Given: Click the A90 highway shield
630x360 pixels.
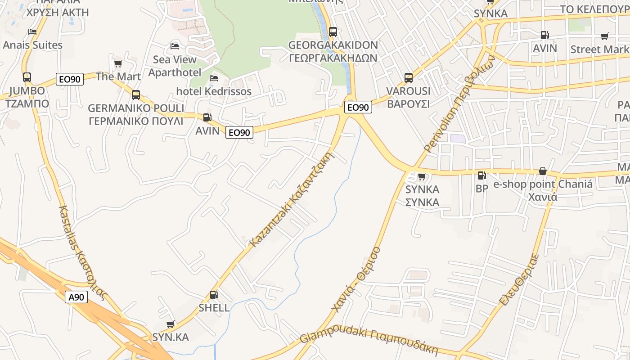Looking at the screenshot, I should [76, 297].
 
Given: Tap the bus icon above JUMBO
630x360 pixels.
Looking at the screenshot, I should [27, 77].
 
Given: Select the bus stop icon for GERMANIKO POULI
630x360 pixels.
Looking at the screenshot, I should [135, 95].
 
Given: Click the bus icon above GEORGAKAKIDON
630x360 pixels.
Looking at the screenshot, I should [333, 32].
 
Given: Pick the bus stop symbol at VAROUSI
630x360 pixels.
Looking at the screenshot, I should [409, 78].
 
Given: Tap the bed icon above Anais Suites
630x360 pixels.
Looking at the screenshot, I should [32, 32].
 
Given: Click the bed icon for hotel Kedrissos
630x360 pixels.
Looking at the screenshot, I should [214, 78].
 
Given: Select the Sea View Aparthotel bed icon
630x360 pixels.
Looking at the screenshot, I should [175, 46].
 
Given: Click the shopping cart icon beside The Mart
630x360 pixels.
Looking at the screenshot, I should [118, 63].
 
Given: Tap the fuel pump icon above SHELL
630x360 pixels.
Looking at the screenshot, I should [214, 295].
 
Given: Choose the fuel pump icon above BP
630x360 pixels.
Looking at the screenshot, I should [481, 175].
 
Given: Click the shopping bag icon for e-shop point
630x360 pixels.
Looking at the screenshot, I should [543, 171].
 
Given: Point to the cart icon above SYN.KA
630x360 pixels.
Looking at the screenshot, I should [171, 324].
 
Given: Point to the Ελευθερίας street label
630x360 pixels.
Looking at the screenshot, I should [519, 280].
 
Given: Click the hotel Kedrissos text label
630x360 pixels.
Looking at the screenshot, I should [214, 91].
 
